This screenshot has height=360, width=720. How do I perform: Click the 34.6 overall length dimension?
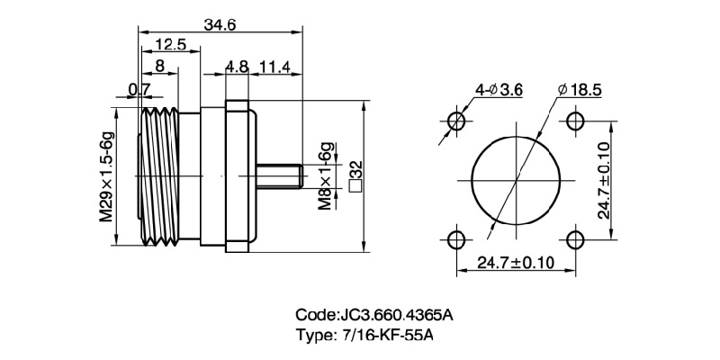[220, 25]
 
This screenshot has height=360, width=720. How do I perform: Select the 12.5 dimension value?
[170, 44]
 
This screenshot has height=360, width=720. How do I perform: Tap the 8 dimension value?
[160, 66]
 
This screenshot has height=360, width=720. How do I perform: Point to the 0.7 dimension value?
[139, 90]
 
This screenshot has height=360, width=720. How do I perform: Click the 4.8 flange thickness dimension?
[237, 67]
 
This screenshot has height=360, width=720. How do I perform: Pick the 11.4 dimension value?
[274, 67]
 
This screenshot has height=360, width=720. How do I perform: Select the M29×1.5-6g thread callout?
[107, 176]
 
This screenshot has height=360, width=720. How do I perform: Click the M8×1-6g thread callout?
[326, 176]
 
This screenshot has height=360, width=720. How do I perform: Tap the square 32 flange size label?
[355, 176]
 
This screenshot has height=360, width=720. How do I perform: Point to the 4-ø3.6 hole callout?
[499, 90]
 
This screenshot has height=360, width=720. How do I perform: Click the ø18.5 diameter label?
[580, 90]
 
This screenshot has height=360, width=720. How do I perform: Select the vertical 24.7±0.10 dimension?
[603, 181]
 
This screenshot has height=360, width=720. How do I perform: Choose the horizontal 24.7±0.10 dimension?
[516, 263]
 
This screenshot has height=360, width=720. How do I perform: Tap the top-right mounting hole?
[575, 121]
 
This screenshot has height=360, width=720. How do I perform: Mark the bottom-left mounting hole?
[456, 239]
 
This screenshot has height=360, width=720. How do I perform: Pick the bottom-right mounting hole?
[575, 239]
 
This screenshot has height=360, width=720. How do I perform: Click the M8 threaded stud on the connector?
[279, 176]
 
